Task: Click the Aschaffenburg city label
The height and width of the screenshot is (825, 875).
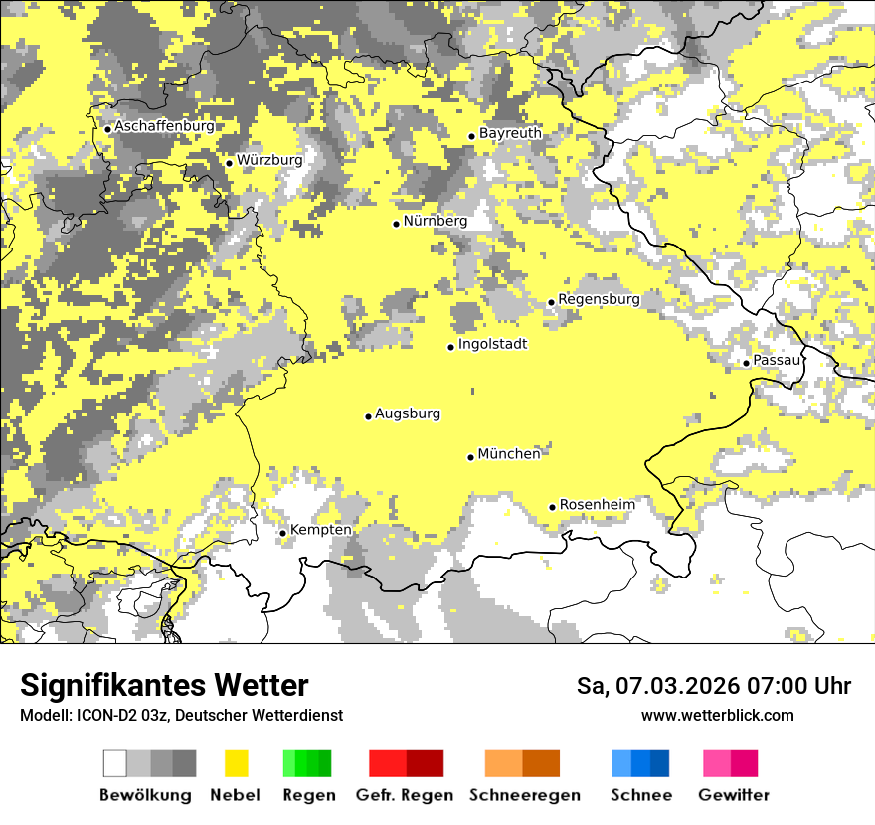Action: coord(164,126)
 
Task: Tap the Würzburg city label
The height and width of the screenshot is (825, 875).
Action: coord(269,160)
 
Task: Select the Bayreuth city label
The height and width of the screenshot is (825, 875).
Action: coord(510,133)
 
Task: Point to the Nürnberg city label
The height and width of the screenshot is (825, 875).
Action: coord(435,221)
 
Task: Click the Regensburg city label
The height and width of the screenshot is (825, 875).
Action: coord(599,299)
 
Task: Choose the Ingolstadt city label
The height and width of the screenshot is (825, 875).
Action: coord(492,344)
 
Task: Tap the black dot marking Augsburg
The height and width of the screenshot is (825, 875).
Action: coord(368,416)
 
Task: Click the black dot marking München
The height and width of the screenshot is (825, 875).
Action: coord(471,457)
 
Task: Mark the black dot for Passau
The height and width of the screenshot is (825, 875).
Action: coord(746,363)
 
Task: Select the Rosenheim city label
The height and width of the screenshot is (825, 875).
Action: coord(597,505)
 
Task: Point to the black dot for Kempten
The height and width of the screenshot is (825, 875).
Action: coord(283,533)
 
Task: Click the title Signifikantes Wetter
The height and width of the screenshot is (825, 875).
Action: coord(164,686)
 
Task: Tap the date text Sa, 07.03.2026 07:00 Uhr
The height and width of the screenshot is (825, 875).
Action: coord(714,686)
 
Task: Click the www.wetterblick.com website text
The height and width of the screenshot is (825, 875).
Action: coord(718,716)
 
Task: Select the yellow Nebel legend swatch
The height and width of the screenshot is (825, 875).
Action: coord(237,763)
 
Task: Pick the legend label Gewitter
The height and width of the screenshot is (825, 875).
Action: coord(734,795)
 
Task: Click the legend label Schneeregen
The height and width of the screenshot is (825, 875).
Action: coord(525,795)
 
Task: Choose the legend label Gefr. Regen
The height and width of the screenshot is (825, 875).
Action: coord(405,795)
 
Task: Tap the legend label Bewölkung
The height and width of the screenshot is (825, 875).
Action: coord(145,795)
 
